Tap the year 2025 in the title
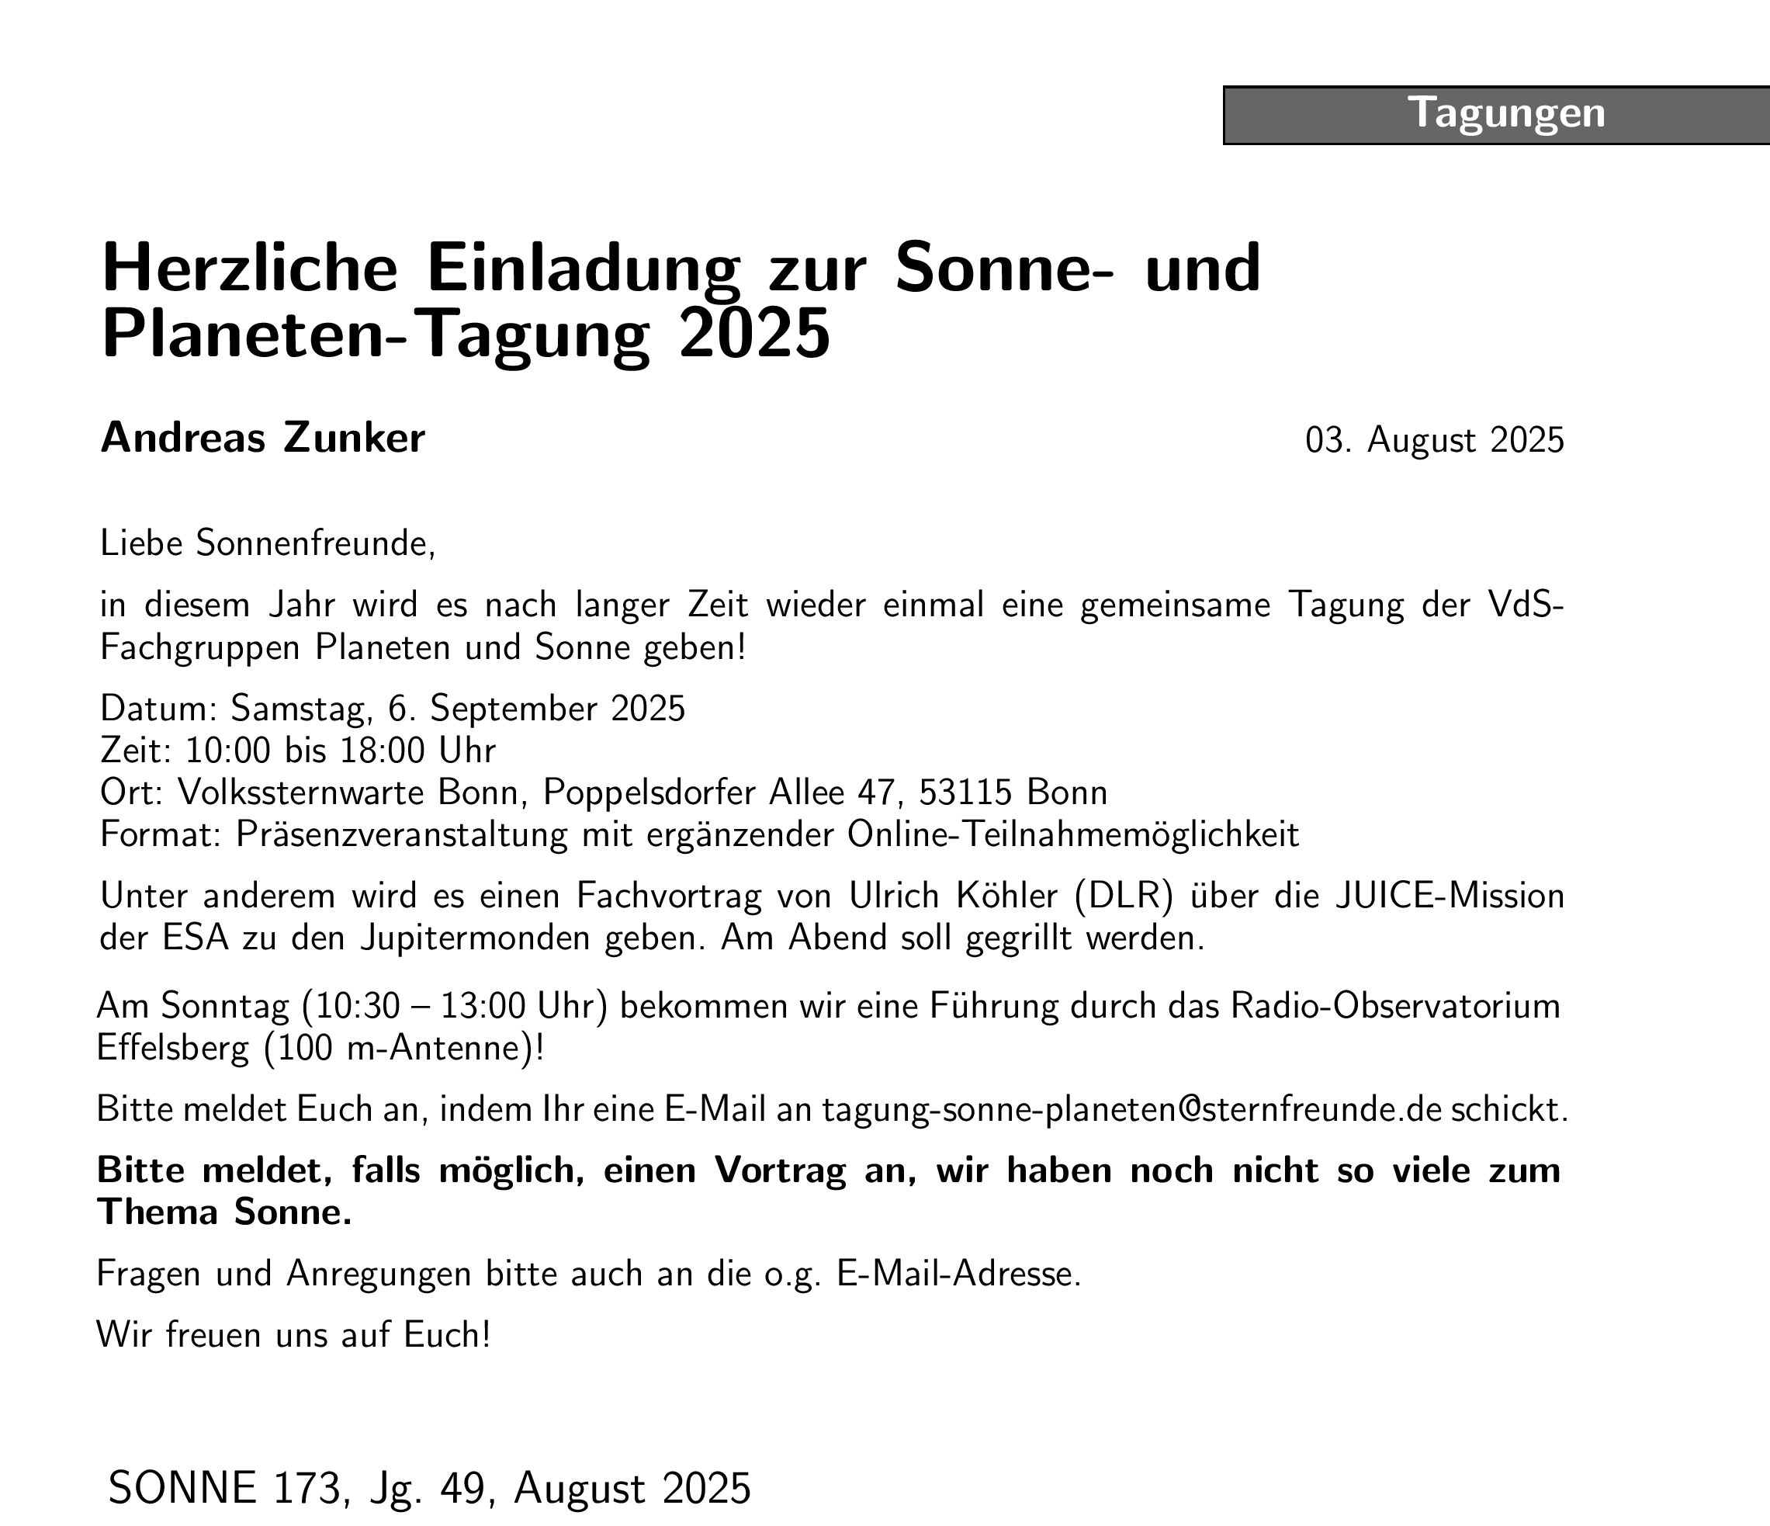point(753,334)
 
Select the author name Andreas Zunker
point(262,439)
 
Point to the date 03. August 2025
point(1434,440)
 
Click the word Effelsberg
point(175,1049)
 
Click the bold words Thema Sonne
point(223,1212)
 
